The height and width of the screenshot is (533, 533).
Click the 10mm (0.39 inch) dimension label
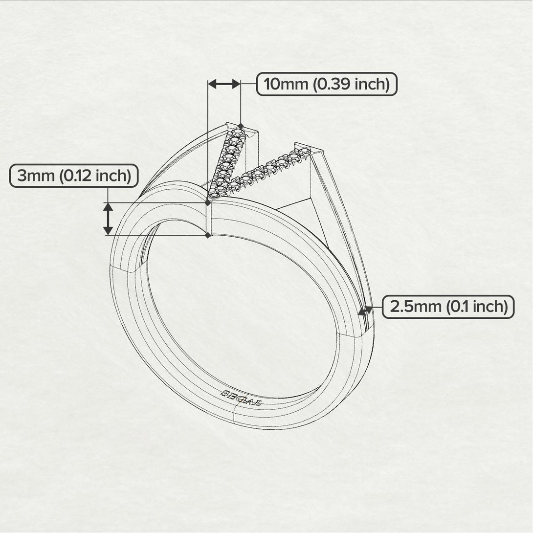327,85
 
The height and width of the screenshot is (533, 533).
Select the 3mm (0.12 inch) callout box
74,176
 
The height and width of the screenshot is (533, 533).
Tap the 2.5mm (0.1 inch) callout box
448,307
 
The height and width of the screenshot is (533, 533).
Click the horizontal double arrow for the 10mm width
224,84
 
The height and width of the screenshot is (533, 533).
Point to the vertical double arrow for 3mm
108,219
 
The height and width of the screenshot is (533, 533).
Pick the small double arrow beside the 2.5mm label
365,310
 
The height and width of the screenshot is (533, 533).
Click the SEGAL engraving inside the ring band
241,398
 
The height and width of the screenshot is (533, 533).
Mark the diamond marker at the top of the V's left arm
241,126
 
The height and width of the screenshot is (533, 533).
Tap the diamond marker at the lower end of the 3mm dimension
208,235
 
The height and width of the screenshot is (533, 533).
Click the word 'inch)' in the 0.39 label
372,85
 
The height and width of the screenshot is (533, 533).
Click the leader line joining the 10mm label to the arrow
249,84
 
